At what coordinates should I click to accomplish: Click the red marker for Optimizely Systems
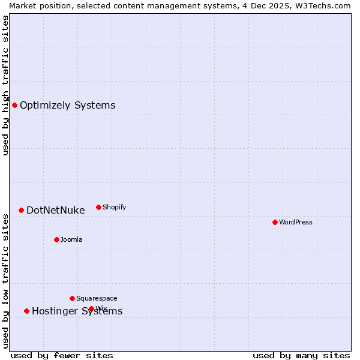click(14, 106)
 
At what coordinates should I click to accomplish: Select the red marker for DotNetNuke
click(21, 210)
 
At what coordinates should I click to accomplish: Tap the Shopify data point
click(98, 207)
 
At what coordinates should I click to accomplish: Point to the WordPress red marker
click(275, 222)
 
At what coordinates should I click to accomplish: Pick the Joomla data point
click(56, 239)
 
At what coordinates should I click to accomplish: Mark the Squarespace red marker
click(72, 298)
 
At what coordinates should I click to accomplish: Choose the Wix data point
click(91, 308)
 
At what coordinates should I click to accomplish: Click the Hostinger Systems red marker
click(26, 311)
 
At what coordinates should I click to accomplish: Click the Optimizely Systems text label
click(67, 106)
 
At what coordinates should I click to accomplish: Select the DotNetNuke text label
click(55, 210)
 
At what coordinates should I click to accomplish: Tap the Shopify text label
click(114, 207)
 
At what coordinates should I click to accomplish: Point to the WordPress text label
click(295, 222)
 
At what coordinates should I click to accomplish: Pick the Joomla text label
click(71, 239)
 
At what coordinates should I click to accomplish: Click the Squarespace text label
click(97, 298)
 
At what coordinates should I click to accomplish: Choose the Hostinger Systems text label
click(77, 311)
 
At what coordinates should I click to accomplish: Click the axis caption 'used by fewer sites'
click(62, 355)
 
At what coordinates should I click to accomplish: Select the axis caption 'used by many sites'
click(301, 355)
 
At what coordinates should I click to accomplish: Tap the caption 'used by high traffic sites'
click(5, 85)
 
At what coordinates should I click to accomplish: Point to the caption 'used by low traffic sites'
click(5, 281)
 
